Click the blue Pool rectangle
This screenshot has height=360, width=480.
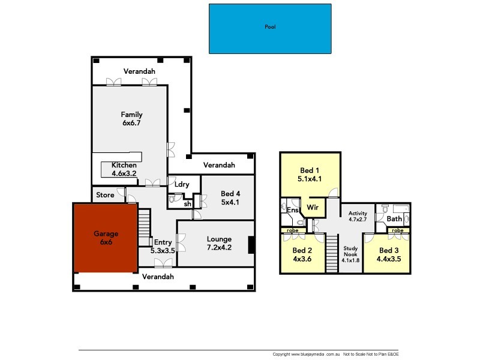pos(270,28)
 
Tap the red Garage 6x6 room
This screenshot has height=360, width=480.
pos(106,238)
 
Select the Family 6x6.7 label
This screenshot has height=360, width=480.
pos(131,118)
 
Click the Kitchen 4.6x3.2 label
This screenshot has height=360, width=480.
pos(124,169)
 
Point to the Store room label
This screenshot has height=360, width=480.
pos(105,195)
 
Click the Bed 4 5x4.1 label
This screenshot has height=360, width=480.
pos(230,197)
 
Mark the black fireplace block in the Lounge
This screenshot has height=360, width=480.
pos(251,245)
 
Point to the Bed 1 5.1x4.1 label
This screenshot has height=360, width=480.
pos(310,175)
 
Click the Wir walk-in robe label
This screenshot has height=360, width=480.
pos(313,208)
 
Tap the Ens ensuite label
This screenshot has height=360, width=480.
pos(292,211)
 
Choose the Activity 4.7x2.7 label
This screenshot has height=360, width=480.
pos(358,216)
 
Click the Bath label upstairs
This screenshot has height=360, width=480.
pos(394,219)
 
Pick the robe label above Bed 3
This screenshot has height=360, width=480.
pos(397,230)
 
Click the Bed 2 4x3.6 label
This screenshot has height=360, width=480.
pos(302,254)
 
